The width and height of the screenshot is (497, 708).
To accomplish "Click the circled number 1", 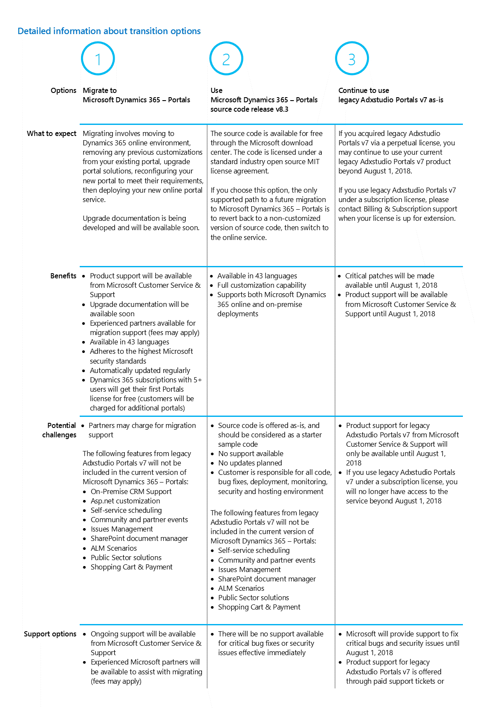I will (x=98, y=59).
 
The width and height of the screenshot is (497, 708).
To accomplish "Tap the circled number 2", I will (x=226, y=59).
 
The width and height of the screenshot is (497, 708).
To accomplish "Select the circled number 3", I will (x=352, y=58).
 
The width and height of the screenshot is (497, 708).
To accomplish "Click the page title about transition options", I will (x=109, y=31).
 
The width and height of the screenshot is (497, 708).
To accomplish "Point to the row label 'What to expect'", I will (x=52, y=133).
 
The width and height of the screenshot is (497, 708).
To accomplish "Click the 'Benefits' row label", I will (x=63, y=276).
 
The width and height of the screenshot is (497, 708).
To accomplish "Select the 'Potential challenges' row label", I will (x=60, y=430).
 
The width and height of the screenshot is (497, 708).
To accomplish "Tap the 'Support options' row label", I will (x=50, y=634).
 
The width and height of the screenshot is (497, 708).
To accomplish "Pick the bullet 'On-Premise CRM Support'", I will (x=131, y=491).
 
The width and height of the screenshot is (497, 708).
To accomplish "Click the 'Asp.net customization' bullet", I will (x=125, y=501).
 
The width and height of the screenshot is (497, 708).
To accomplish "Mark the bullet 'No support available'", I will (x=251, y=454).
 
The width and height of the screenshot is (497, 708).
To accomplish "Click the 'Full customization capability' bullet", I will (x=261, y=285).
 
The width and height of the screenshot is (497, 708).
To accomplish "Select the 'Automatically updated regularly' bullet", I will (x=140, y=370).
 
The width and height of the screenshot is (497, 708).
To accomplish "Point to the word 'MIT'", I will (x=313, y=162).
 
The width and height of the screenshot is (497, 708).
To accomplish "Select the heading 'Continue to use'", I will (x=364, y=90).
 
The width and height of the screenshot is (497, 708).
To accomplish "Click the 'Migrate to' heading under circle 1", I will (x=100, y=90).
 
